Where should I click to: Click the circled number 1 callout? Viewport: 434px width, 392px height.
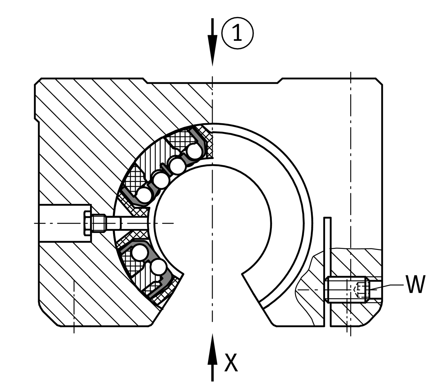point(238,33)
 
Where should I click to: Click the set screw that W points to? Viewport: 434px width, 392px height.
point(348,289)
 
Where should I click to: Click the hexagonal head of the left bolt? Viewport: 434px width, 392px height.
point(88,223)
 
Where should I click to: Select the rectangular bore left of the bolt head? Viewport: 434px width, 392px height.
point(65,223)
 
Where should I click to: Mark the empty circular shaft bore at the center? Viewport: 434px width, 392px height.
point(213,223)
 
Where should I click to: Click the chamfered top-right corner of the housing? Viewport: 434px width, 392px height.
point(379,81)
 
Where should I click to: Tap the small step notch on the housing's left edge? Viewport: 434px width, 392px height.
point(37,121)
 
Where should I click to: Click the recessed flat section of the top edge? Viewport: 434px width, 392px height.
point(212,83)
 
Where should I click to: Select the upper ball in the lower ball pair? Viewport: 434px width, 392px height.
point(140,252)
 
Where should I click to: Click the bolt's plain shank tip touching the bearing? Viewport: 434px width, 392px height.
point(134,223)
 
